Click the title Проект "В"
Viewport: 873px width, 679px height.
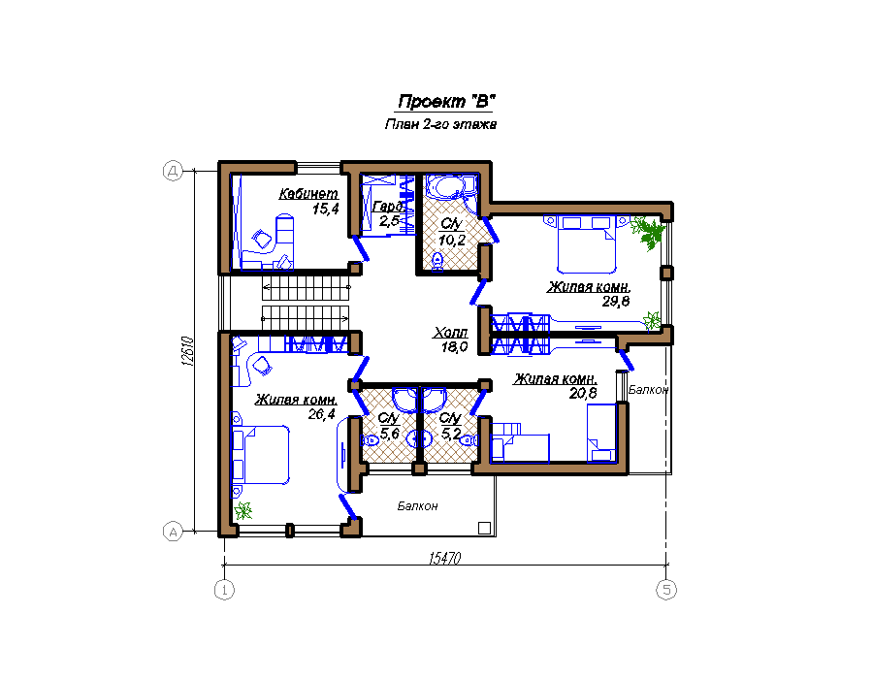[446, 101]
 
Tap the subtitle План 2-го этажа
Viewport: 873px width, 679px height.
[440, 124]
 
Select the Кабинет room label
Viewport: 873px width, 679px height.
[308, 194]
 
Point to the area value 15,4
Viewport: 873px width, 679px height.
[326, 210]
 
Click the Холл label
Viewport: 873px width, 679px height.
[450, 333]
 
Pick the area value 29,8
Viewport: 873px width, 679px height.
[616, 302]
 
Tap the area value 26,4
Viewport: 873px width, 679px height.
[322, 414]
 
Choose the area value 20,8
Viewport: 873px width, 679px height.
[583, 394]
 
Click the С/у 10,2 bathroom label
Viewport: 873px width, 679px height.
[451, 232]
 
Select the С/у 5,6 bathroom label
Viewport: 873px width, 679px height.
[389, 425]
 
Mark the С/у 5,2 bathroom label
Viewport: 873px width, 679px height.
[450, 425]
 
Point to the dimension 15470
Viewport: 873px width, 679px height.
[445, 558]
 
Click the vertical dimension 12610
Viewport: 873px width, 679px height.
[188, 351]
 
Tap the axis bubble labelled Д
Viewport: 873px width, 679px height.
[173, 171]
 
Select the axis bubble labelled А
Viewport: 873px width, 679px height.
[173, 532]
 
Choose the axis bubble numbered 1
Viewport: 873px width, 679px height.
[224, 590]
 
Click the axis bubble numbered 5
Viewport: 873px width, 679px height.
[666, 590]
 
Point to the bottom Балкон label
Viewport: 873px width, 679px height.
[417, 506]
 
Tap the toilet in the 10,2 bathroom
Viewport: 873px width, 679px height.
[437, 261]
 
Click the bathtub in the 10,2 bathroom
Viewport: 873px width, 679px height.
[450, 187]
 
